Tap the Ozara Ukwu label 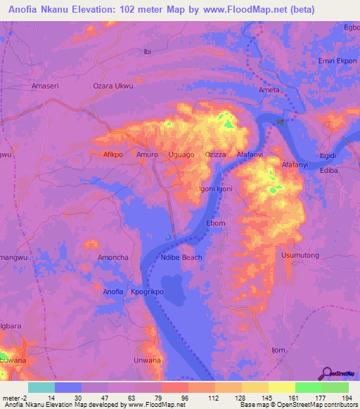click(113, 86)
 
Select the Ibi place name click(147, 51)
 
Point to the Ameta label click(269, 90)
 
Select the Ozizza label click(216, 153)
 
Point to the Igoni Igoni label click(216, 188)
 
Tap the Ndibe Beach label click(181, 257)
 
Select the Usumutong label click(300, 257)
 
